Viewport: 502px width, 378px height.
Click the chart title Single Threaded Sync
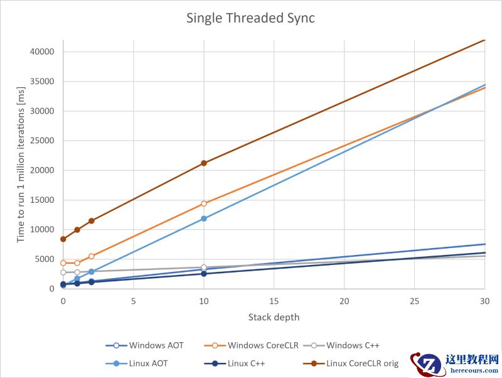click(250, 18)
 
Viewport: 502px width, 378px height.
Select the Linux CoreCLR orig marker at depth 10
click(203, 163)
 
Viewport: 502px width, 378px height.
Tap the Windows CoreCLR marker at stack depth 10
click(203, 203)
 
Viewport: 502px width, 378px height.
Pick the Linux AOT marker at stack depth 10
click(203, 219)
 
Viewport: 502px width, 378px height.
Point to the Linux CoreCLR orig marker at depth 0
click(63, 239)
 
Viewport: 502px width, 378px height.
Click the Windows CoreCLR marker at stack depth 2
click(91, 256)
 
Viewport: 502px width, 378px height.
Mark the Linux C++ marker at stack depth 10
click(203, 274)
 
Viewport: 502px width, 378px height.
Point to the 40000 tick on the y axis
click(41, 51)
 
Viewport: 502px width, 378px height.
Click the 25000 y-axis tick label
click(41, 141)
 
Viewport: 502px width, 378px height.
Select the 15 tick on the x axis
click(274, 301)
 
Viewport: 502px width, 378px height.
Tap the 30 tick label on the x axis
click(484, 301)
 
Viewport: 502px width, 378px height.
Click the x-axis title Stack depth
click(274, 317)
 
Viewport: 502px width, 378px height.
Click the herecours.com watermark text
click(474, 370)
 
